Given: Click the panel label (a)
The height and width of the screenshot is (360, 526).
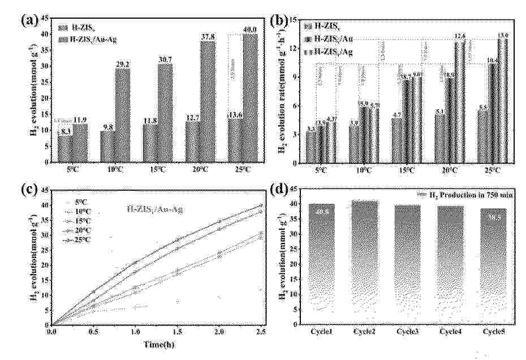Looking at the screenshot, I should click(28, 21).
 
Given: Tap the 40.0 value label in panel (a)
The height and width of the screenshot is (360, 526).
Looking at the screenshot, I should click(250, 30).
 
